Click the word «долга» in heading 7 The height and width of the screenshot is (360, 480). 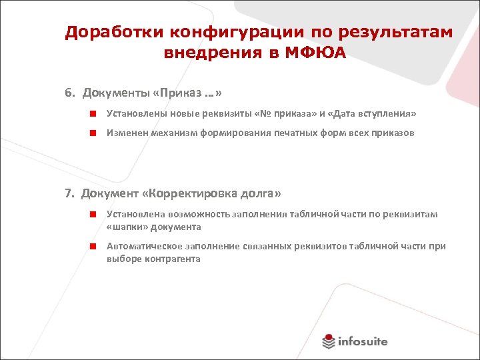pos(263,193)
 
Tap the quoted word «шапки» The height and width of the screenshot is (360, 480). pos(127,227)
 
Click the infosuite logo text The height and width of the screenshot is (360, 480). pos(362,341)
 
